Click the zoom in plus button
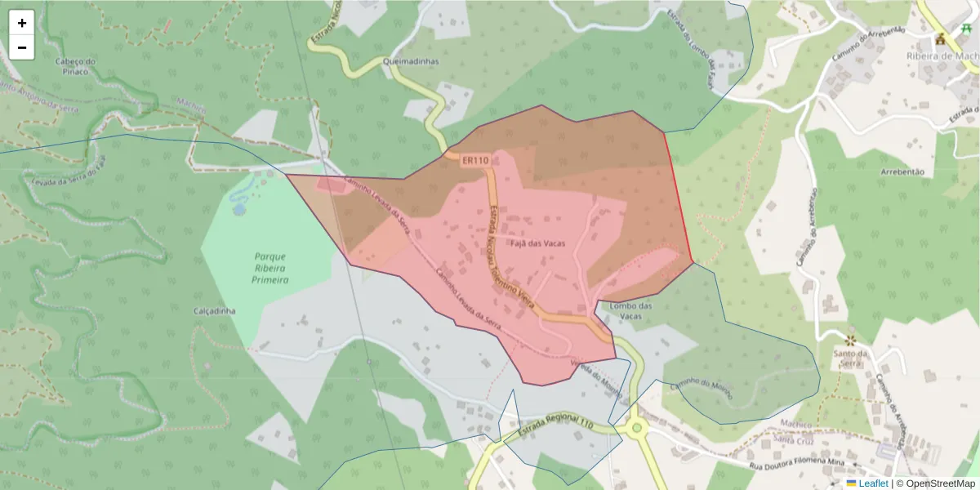(22, 23)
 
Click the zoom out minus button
(22, 47)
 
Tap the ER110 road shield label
(474, 161)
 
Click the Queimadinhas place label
(410, 61)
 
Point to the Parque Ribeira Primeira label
(269, 268)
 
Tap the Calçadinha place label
(215, 311)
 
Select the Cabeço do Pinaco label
(75, 66)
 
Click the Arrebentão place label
(902, 172)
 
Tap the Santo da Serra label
(850, 359)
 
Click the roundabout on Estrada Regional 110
(635, 426)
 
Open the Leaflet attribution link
(873, 483)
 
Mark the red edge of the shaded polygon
(679, 200)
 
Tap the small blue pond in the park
(238, 209)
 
